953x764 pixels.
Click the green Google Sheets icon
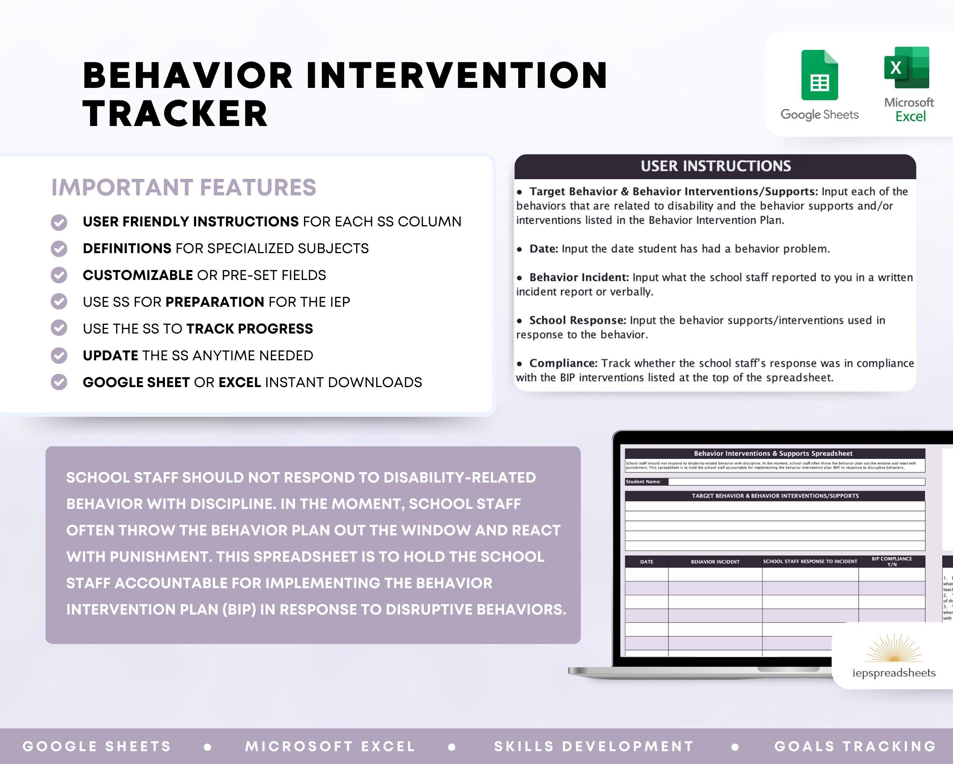click(819, 75)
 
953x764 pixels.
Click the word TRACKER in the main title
click(175, 114)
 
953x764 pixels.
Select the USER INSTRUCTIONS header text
click(716, 166)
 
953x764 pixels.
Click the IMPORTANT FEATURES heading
click(184, 188)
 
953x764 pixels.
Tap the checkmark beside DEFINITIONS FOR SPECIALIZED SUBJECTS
click(59, 249)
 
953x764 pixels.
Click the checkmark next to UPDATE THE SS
click(59, 355)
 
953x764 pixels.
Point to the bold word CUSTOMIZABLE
click(137, 275)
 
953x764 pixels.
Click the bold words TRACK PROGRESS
click(249, 329)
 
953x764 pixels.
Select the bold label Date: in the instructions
click(544, 249)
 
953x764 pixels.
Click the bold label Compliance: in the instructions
click(563, 363)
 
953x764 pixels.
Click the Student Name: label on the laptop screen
click(643, 482)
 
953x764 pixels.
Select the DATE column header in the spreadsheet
click(647, 562)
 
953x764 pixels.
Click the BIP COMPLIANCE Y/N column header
click(892, 561)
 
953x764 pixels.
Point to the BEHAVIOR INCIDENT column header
click(715, 562)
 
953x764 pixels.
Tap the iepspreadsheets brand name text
click(894, 673)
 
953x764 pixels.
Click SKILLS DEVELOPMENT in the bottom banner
click(593, 747)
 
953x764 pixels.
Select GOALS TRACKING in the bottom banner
click(855, 747)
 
